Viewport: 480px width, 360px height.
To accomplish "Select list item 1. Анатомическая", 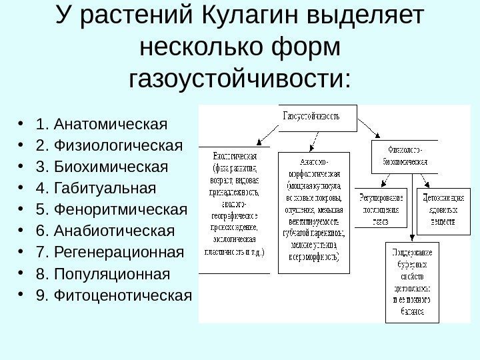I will click(x=103, y=124).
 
